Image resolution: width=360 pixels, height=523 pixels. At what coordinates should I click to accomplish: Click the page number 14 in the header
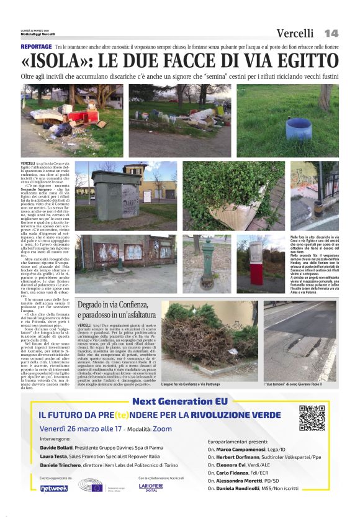tap(331, 33)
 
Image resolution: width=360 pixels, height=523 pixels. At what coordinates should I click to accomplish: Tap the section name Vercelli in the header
tap(295, 33)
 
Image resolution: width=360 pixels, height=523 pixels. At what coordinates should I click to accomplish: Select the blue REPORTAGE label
tap(36, 47)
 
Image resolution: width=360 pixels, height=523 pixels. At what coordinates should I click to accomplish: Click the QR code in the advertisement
tap(312, 417)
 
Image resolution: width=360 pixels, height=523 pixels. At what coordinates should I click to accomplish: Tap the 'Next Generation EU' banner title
tap(179, 401)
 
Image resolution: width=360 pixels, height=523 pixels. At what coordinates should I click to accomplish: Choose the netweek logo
tap(54, 487)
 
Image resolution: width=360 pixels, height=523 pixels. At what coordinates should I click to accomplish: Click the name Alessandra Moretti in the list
tap(241, 481)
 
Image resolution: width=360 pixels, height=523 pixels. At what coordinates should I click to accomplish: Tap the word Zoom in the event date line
tap(163, 429)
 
